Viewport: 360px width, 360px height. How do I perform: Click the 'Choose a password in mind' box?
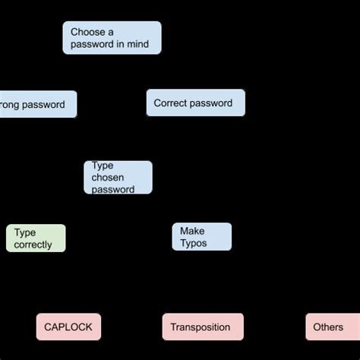pos(112,38)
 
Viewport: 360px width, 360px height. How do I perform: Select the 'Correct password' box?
pos(195,103)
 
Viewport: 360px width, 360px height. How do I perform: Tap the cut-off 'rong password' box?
pos(37,104)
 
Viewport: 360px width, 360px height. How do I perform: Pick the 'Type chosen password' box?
pos(118,178)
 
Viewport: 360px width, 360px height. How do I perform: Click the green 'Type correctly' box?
pos(36,238)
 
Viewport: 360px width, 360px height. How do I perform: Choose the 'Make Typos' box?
pos(201,237)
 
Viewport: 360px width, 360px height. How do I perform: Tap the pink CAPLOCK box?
pos(68,327)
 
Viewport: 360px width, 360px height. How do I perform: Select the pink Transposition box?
pos(202,327)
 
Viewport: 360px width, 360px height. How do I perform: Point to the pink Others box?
pos(328,327)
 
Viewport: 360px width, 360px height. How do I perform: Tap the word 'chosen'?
pos(109,178)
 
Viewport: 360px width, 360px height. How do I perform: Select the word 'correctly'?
pos(33,245)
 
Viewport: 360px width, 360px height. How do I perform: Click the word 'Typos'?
pos(194,243)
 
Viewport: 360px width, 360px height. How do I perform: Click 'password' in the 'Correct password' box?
pos(213,103)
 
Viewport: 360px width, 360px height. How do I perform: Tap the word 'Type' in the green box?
pos(25,232)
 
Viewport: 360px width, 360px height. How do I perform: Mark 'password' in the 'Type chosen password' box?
pos(113,189)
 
